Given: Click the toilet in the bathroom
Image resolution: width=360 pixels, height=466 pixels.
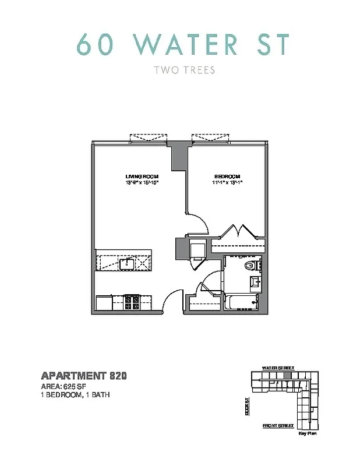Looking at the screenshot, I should [250, 267].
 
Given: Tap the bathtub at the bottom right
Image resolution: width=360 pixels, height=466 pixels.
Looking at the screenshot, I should [241, 302].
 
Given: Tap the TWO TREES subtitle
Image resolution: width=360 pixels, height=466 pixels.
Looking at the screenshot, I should [184, 70].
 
